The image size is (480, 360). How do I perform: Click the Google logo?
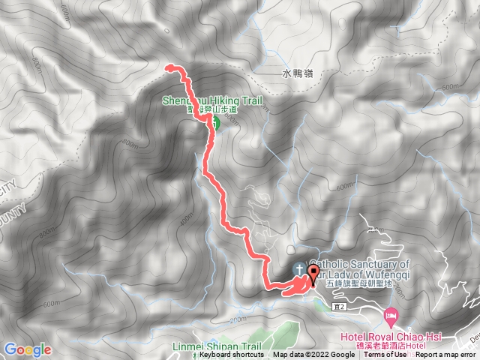28,349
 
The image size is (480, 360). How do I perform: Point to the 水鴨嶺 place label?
298,73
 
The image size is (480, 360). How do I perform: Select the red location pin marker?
313,275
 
